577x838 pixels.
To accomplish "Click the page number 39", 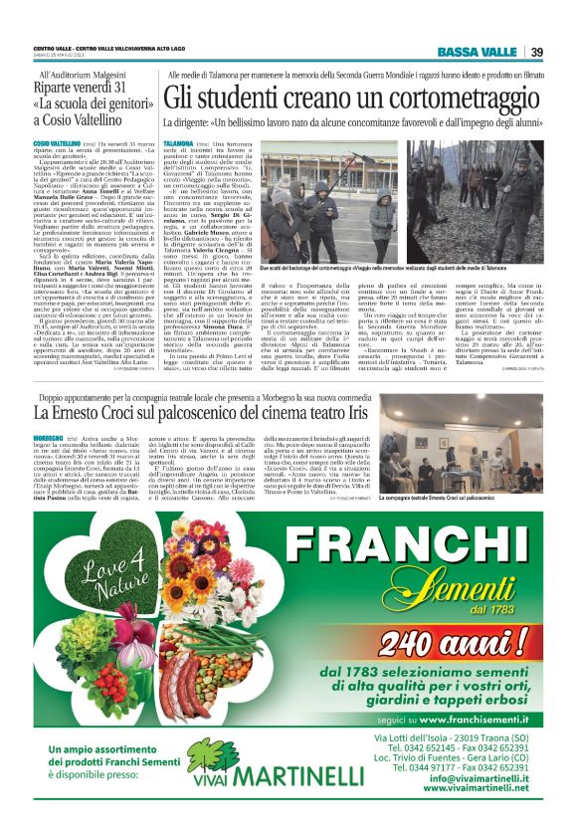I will (x=536, y=52).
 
